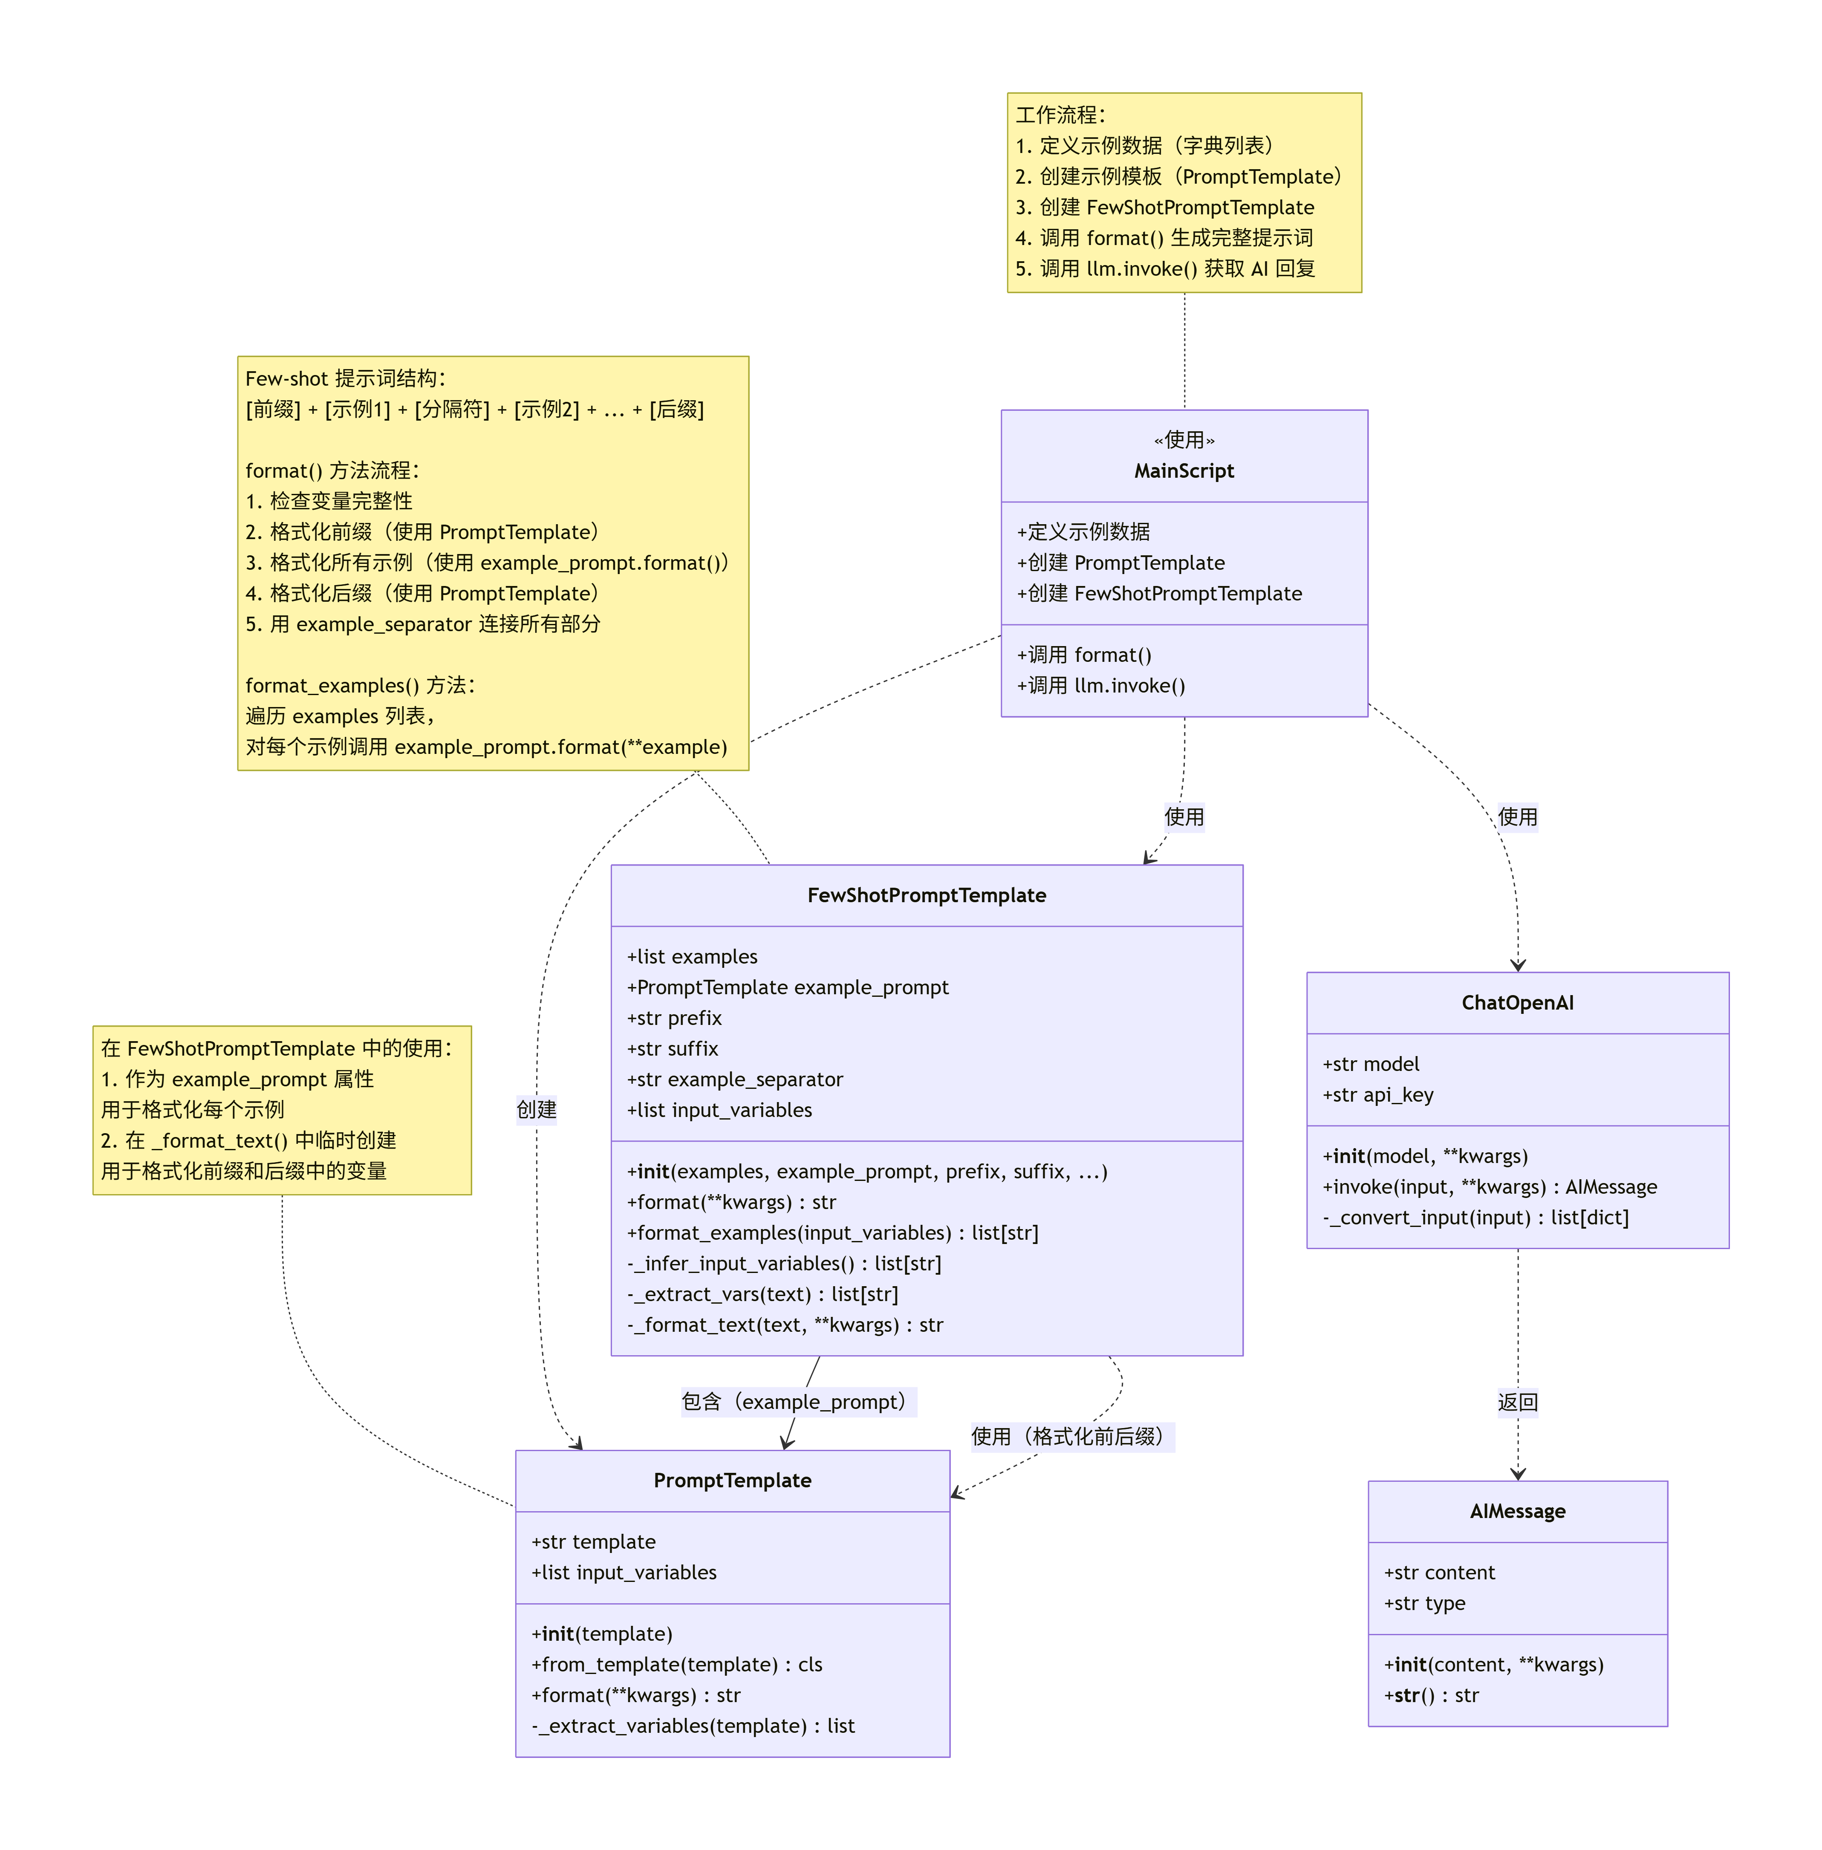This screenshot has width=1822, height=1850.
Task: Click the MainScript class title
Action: [x=1184, y=471]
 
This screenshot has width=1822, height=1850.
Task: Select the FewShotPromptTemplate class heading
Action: [x=926, y=895]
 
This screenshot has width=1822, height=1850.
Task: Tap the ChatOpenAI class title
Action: [x=1517, y=1002]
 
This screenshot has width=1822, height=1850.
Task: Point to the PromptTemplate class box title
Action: [x=732, y=1480]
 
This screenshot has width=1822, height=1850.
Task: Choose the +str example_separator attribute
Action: [x=735, y=1079]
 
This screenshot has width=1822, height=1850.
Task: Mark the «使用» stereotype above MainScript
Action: [x=1184, y=439]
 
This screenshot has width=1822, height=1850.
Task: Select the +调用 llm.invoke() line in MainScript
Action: [x=1100, y=685]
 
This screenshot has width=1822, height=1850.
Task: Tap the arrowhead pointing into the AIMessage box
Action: [x=1518, y=1474]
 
